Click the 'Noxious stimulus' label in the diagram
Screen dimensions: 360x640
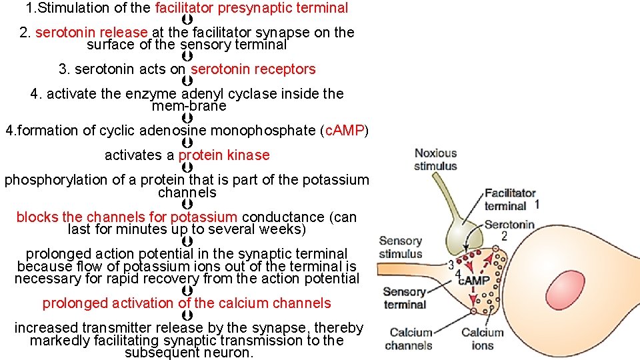(435, 159)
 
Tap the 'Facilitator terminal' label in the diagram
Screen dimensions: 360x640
(510, 199)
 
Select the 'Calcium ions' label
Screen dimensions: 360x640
(482, 339)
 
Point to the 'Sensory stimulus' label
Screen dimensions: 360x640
(400, 247)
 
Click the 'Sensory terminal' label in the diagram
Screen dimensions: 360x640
(404, 298)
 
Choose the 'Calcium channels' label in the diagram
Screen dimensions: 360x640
(409, 339)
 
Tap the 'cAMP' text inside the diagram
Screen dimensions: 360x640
(474, 281)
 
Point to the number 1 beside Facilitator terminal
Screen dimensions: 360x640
(537, 204)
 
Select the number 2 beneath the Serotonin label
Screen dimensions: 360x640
(504, 236)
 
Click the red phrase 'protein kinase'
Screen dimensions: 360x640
(224, 155)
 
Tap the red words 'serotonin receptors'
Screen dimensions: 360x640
(253, 69)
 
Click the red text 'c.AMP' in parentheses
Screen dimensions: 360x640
(343, 131)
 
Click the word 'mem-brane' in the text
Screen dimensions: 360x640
(189, 106)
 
